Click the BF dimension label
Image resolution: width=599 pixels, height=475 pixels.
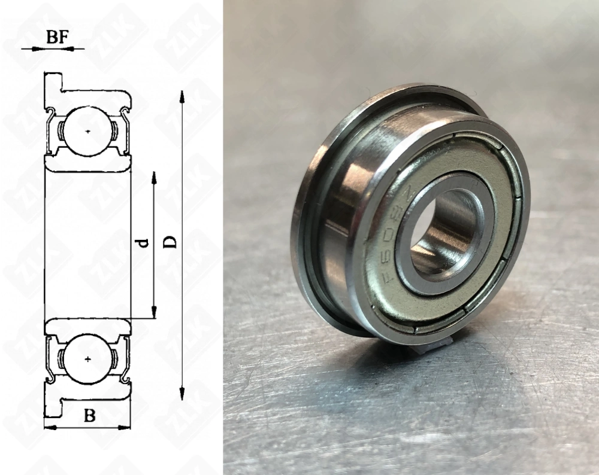56,36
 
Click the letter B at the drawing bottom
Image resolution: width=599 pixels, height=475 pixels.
89,416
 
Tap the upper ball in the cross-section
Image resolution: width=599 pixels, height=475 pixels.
88,130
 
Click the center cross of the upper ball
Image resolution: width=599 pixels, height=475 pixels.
88,130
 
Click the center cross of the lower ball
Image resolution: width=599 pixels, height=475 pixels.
88,359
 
